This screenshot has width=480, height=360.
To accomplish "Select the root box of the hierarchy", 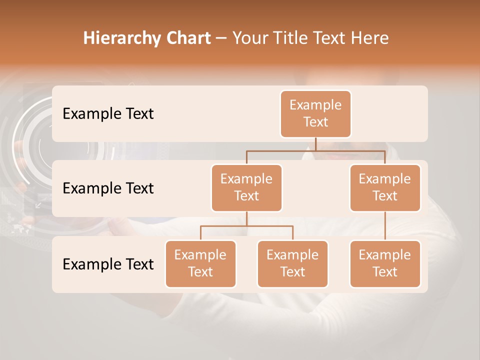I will coord(315,113).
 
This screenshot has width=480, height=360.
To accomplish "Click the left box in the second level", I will coord(246,187).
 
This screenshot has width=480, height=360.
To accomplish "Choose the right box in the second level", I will coord(385,187).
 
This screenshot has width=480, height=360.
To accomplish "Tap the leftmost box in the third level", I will coord(200,263).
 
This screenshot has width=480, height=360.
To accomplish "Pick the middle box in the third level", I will coord(292,263).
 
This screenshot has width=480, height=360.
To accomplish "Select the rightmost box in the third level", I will coord(385,263).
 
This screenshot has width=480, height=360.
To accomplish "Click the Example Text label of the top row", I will coord(108,114).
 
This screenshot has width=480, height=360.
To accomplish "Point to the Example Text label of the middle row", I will coord(108,188).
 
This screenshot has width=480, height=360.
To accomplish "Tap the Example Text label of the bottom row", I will coord(108,264).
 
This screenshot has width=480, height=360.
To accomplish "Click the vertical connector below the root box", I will coord(315,144).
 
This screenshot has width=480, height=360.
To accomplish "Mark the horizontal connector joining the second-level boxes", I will coord(315,150).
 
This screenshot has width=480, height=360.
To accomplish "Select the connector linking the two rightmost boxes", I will coord(385,226).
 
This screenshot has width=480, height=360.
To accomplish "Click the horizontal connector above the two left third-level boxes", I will coord(246,226).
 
